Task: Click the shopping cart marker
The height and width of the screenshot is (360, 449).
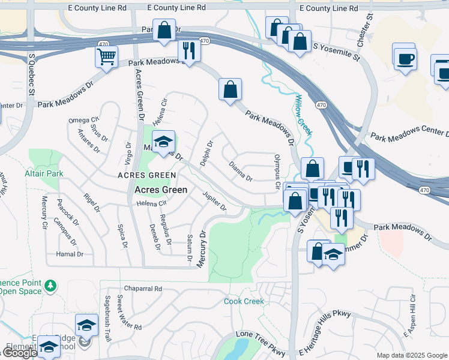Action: pos(106,57)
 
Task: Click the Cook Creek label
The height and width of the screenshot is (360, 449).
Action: pos(244,301)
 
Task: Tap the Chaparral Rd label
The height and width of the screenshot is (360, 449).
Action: pos(142,289)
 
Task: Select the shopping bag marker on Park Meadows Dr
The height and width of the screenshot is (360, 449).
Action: pos(230,90)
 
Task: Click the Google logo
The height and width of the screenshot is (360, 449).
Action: pos(19,353)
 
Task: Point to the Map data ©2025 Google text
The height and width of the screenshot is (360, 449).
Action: pos(412,355)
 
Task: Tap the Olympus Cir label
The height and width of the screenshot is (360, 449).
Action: pos(277,172)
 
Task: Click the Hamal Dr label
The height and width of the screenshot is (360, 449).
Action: pos(70,254)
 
